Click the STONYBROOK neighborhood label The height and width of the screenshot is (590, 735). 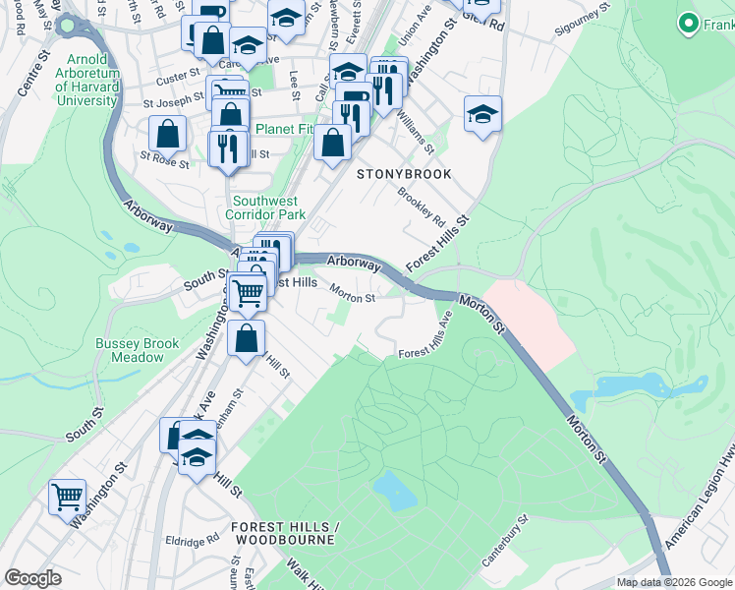click(x=404, y=174)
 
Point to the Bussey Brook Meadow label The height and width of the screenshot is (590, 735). click(x=137, y=350)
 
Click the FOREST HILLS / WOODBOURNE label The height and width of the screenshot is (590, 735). click(x=285, y=534)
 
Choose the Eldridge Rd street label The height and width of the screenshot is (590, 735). click(x=192, y=541)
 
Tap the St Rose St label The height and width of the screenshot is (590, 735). click(x=164, y=158)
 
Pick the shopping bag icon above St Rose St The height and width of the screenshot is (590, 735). click(x=168, y=134)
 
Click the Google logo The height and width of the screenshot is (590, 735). click(x=32, y=578)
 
